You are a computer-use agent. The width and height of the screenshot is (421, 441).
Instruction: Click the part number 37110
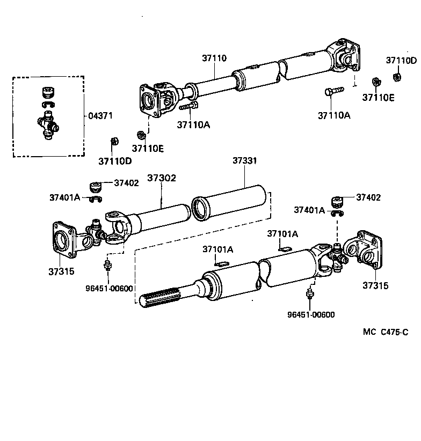tap(214, 58)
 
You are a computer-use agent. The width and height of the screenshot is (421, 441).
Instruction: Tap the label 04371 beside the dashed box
tap(102, 116)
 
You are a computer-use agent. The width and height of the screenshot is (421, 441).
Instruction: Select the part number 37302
tap(162, 178)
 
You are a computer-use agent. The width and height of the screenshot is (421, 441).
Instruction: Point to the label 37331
tap(244, 160)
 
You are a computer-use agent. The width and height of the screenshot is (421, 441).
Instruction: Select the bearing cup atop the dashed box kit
tap(48, 92)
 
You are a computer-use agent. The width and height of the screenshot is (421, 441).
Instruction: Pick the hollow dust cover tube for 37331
tap(230, 202)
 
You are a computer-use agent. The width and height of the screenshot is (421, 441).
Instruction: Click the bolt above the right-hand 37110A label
tap(333, 92)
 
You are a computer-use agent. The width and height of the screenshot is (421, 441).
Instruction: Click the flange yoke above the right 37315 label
tap(363, 251)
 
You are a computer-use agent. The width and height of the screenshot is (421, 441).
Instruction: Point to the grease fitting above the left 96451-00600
tap(107, 264)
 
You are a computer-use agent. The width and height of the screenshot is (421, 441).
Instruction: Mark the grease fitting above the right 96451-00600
tap(309, 295)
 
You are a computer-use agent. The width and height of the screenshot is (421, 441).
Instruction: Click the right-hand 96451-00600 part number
tap(311, 315)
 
